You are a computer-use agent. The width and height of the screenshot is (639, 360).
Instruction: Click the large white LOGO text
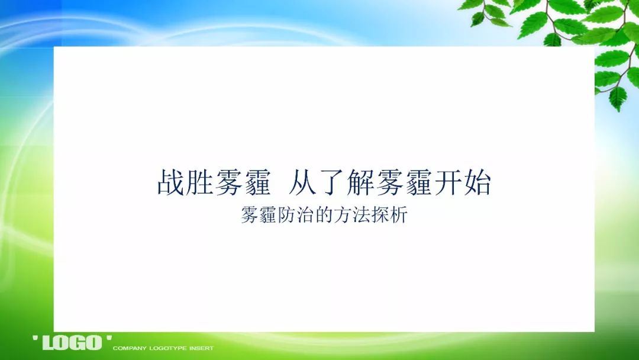(x=72, y=342)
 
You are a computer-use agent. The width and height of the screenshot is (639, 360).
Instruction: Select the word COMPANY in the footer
(x=129, y=348)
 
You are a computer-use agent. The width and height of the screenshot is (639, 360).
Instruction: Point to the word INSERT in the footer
(x=201, y=348)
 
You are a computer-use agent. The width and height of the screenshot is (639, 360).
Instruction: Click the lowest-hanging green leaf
(x=618, y=99)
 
